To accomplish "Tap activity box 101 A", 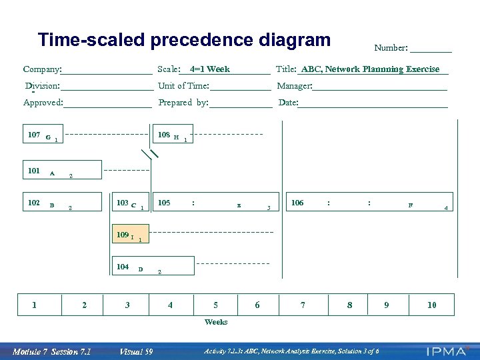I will [x=62, y=171].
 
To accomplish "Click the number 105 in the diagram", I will [x=164, y=203].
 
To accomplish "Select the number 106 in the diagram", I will [x=297, y=203].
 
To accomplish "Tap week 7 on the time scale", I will [x=303, y=305].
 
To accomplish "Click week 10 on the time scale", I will [x=432, y=305].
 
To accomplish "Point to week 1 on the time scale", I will [x=35, y=305].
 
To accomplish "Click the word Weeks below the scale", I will [x=216, y=322].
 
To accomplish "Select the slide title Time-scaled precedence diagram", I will [x=184, y=40].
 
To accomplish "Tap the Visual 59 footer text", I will [x=136, y=351].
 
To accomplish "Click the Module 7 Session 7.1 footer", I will [x=51, y=351].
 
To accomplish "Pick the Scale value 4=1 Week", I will [x=209, y=69].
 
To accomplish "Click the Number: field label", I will [x=391, y=47].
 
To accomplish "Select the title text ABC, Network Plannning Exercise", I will [x=370, y=69].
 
